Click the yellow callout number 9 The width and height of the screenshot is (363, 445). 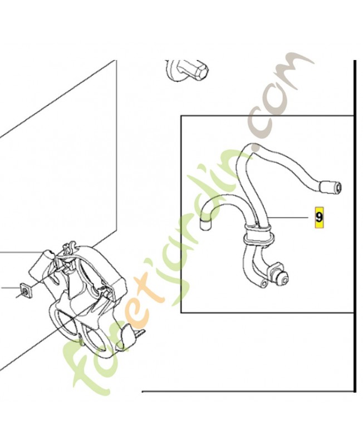tap(319, 217)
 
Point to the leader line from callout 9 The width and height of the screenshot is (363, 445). tap(288, 217)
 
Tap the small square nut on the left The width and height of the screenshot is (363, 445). tap(26, 290)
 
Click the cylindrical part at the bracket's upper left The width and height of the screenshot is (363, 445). tap(43, 262)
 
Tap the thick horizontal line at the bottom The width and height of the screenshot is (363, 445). tap(248, 392)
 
